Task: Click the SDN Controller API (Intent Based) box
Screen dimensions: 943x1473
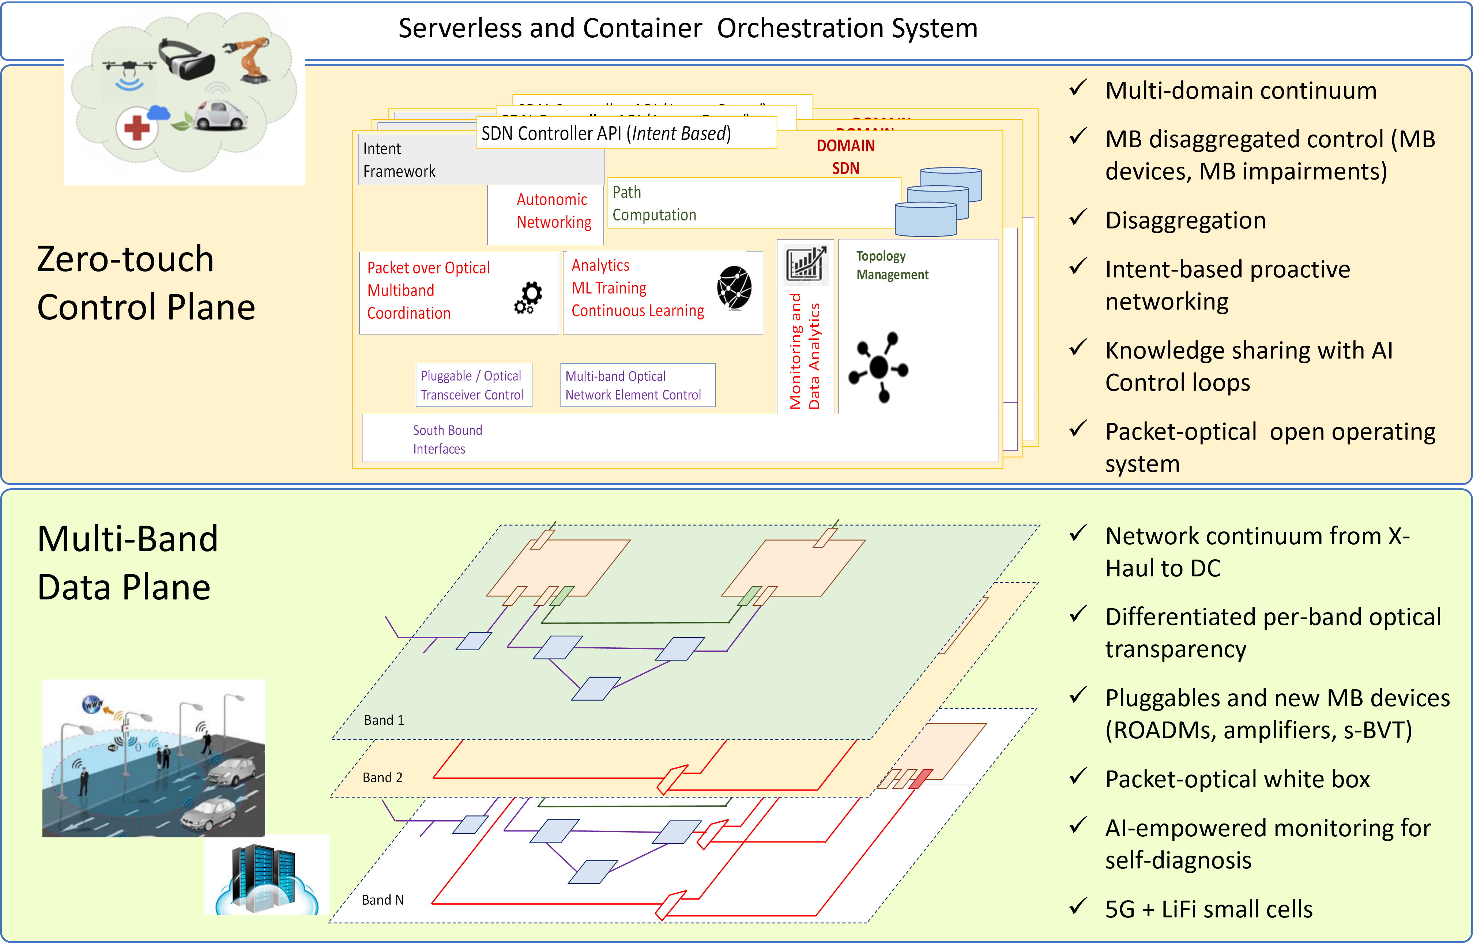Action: tap(626, 133)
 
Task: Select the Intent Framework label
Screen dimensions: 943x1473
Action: tap(399, 160)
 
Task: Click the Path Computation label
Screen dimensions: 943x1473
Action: tap(654, 203)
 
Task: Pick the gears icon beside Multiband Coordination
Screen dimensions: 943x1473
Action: tap(528, 298)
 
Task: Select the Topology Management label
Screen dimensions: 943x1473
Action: tap(892, 265)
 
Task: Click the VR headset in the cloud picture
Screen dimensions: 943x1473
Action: tap(187, 60)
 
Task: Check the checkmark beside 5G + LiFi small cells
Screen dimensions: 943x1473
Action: tap(1078, 906)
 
